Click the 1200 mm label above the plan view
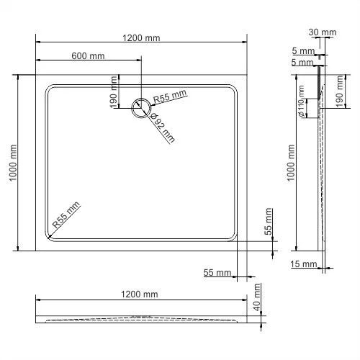[x=142, y=38]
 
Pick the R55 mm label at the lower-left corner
[x=66, y=217]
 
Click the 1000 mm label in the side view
[x=291, y=162]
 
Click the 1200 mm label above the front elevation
[x=139, y=294]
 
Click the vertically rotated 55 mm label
[x=269, y=219]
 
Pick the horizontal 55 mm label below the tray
[x=217, y=273]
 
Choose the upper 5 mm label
[x=304, y=51]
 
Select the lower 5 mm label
[x=304, y=63]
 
